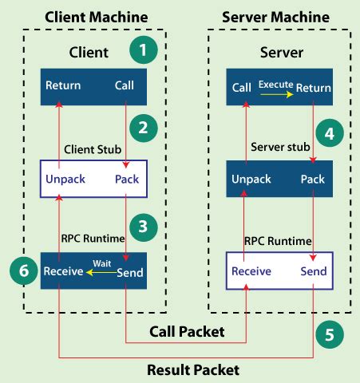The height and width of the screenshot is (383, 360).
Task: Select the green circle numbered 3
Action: pos(143,226)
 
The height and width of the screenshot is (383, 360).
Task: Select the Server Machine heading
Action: pos(275,16)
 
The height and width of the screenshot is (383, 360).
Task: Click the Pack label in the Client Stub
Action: pos(126,180)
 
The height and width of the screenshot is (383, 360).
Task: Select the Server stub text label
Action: pos(279,147)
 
